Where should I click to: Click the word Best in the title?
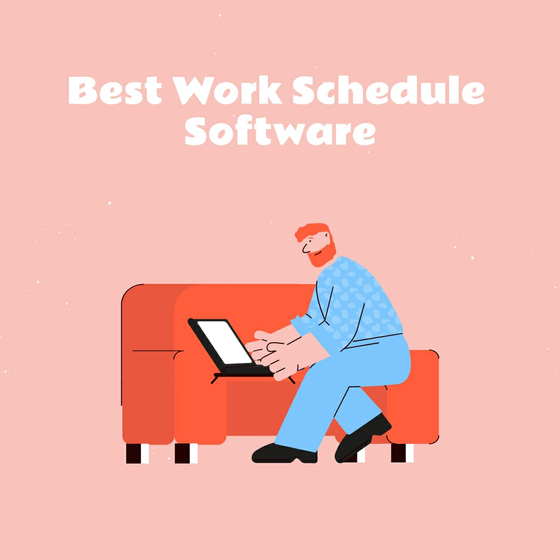(x=115, y=91)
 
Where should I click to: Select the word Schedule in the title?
(x=388, y=91)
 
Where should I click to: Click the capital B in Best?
(x=83, y=91)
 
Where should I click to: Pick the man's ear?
(x=326, y=240)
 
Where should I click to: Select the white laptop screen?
(x=225, y=342)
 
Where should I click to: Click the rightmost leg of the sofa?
(x=402, y=452)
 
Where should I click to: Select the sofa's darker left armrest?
(x=148, y=363)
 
